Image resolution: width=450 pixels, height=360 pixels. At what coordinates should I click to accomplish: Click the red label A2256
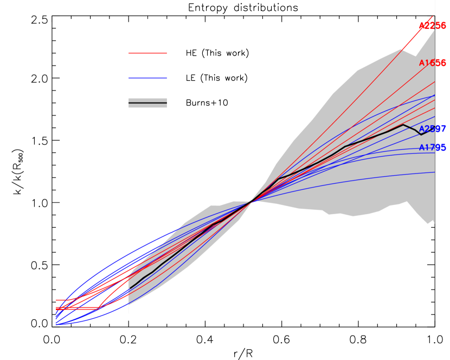click(432, 26)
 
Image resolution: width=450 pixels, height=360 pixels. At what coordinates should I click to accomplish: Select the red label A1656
click(432, 63)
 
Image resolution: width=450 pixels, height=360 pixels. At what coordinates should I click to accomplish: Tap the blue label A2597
click(432, 129)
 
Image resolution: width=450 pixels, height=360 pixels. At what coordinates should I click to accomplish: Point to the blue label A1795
click(432, 147)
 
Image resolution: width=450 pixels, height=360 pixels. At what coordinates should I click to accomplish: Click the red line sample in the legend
click(147, 53)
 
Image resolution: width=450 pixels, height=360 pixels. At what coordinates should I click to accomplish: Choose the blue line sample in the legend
click(147, 79)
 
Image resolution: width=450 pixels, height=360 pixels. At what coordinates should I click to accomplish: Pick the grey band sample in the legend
click(147, 103)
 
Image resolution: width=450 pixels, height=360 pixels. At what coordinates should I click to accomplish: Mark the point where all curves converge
click(251, 202)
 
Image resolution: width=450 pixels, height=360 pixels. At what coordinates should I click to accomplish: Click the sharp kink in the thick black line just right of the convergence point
click(280, 178)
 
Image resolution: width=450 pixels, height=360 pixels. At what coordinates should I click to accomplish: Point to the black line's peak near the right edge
click(403, 125)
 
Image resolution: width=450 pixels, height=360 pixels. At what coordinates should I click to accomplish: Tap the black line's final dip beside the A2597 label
click(421, 134)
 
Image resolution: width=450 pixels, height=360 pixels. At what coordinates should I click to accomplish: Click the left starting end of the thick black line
click(129, 288)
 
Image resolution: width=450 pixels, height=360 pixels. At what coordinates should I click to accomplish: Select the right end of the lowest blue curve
click(434, 172)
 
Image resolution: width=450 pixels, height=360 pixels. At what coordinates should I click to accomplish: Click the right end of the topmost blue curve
click(434, 95)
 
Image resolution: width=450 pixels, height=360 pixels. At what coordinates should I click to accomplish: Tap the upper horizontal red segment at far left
click(65, 300)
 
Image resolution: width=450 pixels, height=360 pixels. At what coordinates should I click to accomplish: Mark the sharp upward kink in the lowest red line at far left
click(99, 308)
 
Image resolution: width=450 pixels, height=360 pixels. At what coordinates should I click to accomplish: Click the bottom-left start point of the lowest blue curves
click(56, 324)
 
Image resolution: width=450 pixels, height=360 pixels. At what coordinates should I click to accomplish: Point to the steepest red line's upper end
click(433, 16)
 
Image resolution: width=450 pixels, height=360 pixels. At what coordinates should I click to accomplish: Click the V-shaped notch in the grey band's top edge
click(416, 55)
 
